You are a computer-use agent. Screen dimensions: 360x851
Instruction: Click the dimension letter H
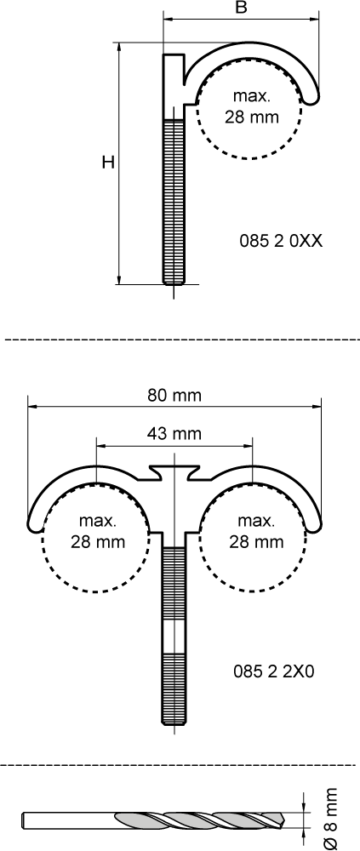point(108,162)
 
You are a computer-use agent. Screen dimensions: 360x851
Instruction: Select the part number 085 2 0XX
point(281,241)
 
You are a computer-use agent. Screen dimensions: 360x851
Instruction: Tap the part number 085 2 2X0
point(274,671)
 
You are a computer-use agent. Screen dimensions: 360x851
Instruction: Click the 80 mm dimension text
point(174,395)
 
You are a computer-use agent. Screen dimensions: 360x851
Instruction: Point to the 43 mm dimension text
point(174,434)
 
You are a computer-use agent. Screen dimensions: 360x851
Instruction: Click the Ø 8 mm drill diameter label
point(329,820)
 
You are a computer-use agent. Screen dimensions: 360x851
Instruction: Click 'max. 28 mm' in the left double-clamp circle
point(98,531)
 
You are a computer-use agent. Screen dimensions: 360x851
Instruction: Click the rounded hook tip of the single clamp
point(313,97)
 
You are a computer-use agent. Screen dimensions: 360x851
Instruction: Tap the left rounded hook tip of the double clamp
point(34,525)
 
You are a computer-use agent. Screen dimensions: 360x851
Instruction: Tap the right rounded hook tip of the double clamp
point(315,525)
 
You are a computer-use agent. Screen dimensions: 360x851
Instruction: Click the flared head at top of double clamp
point(174,471)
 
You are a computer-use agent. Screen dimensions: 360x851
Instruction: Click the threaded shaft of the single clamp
point(174,201)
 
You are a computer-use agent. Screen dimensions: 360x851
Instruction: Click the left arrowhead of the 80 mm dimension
point(32,405)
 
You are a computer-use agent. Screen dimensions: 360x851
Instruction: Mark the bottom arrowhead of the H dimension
point(119,279)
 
